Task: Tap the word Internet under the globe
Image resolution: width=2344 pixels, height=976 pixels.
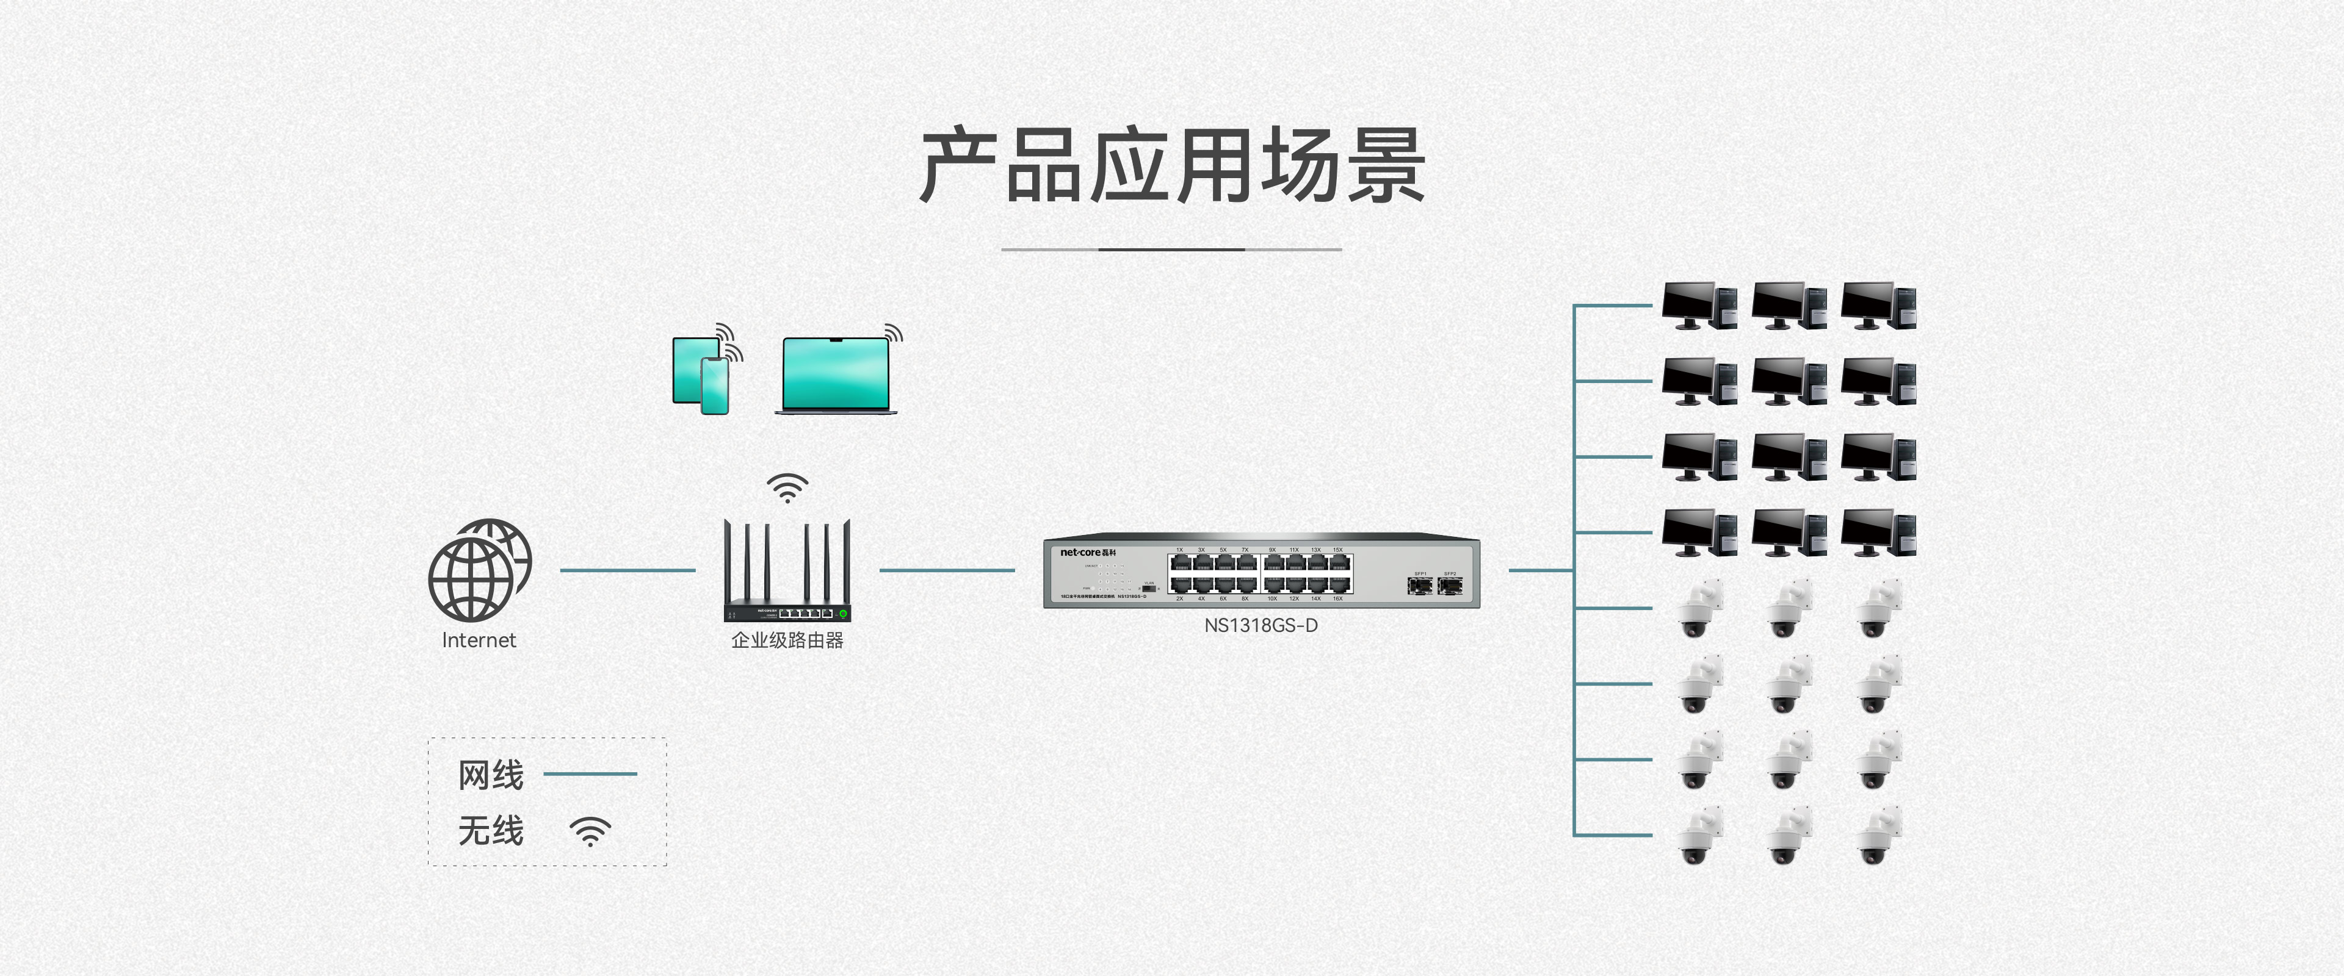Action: click(x=479, y=640)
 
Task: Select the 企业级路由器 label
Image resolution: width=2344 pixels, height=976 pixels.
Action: click(x=787, y=640)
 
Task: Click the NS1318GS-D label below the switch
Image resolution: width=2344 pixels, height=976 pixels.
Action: click(x=1261, y=626)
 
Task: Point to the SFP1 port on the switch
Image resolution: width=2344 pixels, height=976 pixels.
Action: click(x=1419, y=585)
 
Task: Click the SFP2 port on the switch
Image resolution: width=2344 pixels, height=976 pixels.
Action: click(x=1450, y=585)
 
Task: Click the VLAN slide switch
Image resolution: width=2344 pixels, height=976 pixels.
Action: click(x=1148, y=589)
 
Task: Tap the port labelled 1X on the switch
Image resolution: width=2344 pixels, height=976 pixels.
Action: click(x=1180, y=564)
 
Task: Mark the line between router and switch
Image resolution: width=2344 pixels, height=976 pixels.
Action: click(x=946, y=570)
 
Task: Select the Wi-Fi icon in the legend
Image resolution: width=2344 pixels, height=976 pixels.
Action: click(x=590, y=830)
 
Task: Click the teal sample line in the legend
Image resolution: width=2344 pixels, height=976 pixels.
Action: click(x=590, y=774)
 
